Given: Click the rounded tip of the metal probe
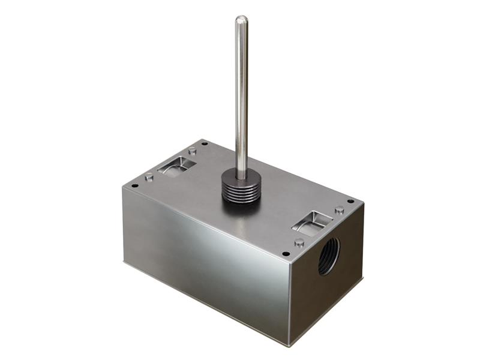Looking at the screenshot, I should pyautogui.click(x=241, y=20).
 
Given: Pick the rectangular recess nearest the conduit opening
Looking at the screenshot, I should pyautogui.click(x=312, y=223).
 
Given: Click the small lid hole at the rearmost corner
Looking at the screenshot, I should pyautogui.click(x=205, y=143).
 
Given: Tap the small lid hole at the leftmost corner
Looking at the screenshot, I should pyautogui.click(x=135, y=185).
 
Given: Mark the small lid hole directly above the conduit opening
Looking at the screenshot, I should pyautogui.click(x=350, y=202).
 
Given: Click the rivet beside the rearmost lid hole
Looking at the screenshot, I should pyautogui.click(x=191, y=150).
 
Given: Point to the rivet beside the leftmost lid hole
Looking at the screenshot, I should pyautogui.click(x=149, y=177).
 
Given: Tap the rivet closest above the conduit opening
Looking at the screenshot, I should pyautogui.click(x=340, y=210).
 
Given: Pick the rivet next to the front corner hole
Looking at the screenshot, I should pyautogui.click(x=299, y=243).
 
